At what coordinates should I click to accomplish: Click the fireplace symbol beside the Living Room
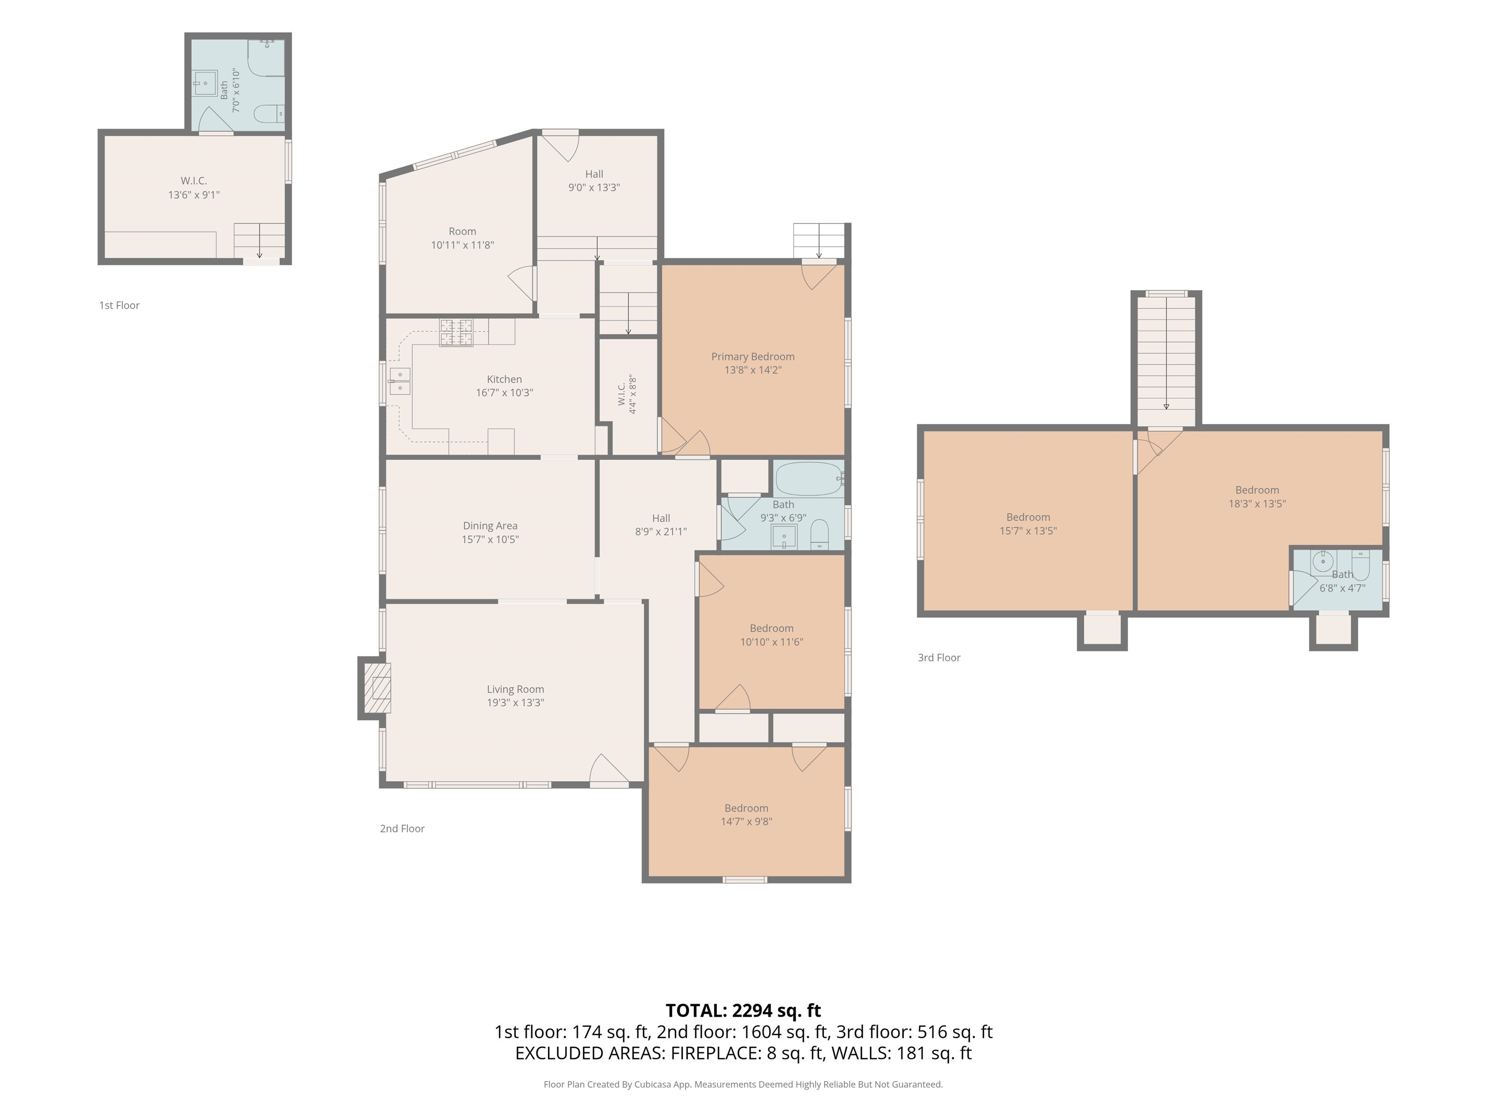click(x=377, y=688)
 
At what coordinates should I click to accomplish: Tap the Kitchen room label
click(x=504, y=379)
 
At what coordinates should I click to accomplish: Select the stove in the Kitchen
click(x=456, y=332)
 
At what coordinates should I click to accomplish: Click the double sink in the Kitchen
click(x=400, y=381)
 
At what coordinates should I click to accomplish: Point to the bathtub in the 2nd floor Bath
click(x=809, y=479)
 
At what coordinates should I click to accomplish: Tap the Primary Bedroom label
click(x=753, y=356)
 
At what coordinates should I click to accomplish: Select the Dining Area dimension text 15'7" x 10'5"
click(x=490, y=539)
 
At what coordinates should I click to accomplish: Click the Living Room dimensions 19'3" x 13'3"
click(x=516, y=702)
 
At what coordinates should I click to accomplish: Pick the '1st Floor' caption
click(x=120, y=305)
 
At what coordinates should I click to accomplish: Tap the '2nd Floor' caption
click(x=402, y=828)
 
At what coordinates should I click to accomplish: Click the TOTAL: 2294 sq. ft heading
click(x=743, y=1010)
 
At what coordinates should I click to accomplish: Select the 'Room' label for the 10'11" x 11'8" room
click(x=462, y=231)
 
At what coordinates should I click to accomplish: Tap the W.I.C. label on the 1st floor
click(x=194, y=181)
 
